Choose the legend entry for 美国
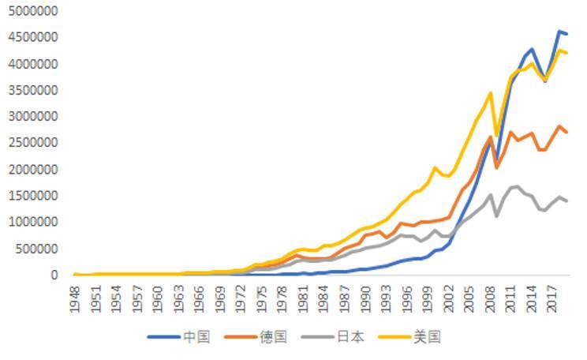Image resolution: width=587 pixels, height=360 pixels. [428, 337]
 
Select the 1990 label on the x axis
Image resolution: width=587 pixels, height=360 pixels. [365, 300]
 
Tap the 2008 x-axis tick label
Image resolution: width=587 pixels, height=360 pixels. [490, 300]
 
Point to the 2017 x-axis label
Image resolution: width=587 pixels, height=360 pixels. [552, 300]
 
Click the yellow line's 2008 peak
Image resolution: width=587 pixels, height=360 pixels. [490, 93]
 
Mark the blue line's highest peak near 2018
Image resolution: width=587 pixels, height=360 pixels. [559, 32]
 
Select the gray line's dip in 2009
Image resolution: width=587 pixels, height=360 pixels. [497, 216]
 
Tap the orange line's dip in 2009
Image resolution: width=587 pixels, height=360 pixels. [497, 167]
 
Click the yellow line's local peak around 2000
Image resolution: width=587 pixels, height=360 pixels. [435, 167]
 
